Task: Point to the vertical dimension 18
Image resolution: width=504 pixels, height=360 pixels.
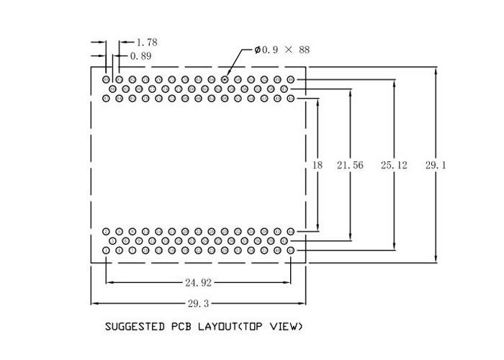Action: [317, 165]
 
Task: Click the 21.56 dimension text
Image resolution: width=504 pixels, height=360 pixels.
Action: [350, 165]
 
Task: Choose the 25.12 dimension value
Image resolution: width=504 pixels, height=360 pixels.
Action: [394, 165]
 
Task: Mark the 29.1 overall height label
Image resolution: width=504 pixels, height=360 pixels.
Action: [436, 165]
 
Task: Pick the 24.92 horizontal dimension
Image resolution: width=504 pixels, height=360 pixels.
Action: [197, 282]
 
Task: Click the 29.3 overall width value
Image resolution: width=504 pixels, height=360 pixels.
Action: [197, 303]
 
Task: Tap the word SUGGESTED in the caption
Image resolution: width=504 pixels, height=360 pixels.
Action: [134, 326]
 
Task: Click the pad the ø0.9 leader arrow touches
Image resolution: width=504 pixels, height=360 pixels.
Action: [225, 79]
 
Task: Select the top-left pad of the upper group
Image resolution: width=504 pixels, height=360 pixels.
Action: [107, 79]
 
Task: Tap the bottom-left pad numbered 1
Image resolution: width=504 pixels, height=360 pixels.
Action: [107, 250]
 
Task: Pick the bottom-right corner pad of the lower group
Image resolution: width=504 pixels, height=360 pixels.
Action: [291, 250]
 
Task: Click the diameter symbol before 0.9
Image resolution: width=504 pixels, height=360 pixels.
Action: [257, 50]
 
